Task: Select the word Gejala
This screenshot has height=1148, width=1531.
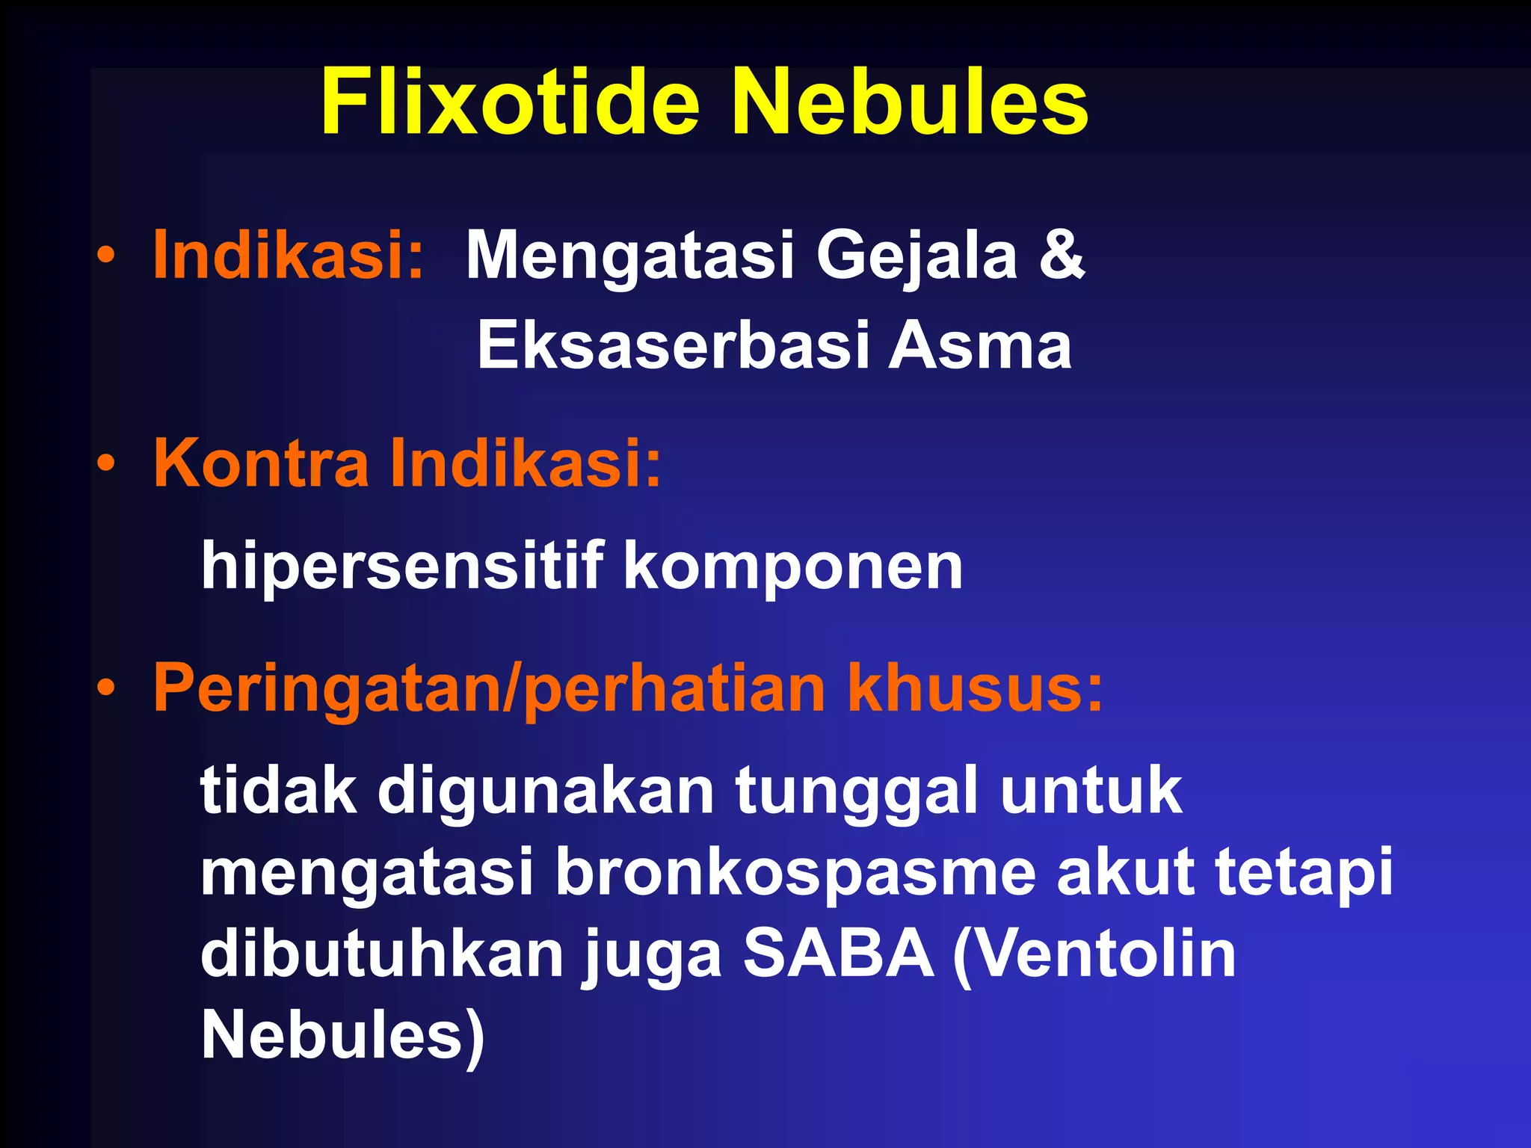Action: coord(917,256)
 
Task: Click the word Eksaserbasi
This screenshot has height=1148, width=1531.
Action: coord(672,346)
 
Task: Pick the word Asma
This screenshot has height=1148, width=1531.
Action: coord(980,346)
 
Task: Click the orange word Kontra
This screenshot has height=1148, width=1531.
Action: coord(261,463)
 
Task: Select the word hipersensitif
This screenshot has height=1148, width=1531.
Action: coord(402,566)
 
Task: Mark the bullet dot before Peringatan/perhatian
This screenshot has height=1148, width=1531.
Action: coord(106,688)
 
